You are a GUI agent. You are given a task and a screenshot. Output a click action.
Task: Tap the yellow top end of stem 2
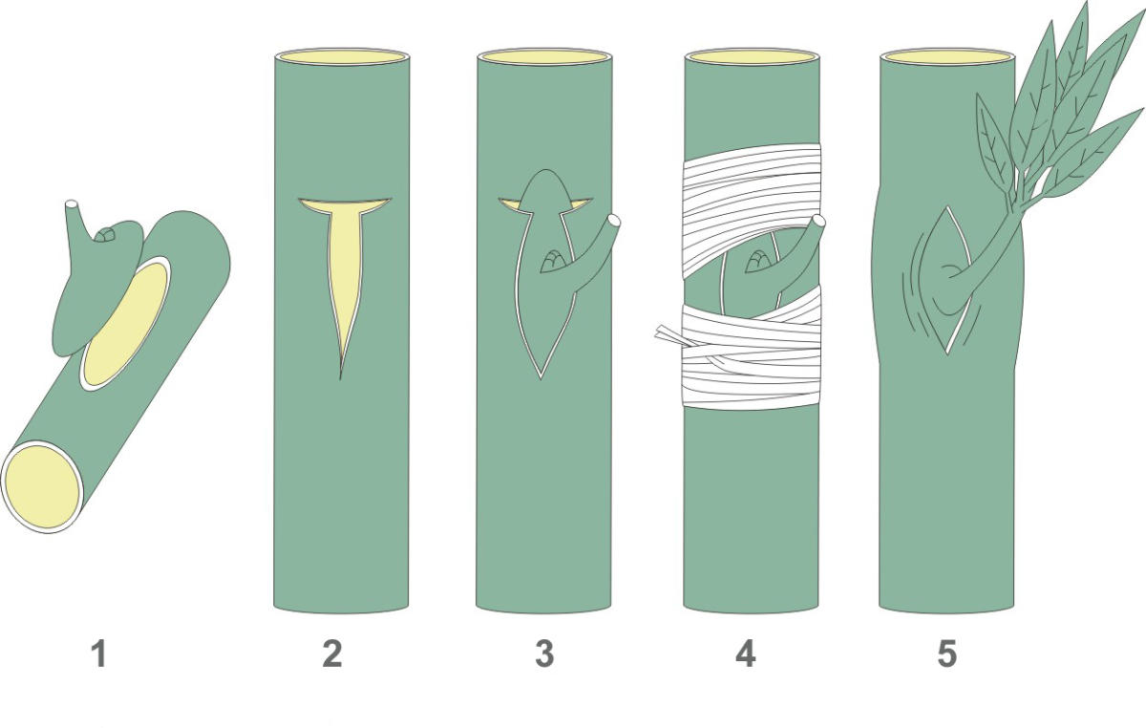342,56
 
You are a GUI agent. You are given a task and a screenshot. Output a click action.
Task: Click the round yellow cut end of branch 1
42,487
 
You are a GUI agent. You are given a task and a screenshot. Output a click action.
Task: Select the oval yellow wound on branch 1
126,324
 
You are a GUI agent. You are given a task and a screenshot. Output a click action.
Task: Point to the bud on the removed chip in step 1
105,234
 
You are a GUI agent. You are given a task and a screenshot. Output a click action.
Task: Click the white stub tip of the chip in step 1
72,203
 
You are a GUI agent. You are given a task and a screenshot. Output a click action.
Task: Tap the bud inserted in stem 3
553,261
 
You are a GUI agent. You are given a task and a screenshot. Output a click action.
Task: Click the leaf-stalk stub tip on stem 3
613,221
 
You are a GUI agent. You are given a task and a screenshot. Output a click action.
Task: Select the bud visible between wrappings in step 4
758,261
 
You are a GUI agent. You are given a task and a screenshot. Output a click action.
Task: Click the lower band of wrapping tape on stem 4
753,353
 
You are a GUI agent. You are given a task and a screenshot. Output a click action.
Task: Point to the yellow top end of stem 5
947,56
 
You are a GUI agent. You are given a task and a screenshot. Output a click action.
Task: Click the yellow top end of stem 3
544,56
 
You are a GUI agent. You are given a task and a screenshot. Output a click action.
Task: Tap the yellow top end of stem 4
753,56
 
